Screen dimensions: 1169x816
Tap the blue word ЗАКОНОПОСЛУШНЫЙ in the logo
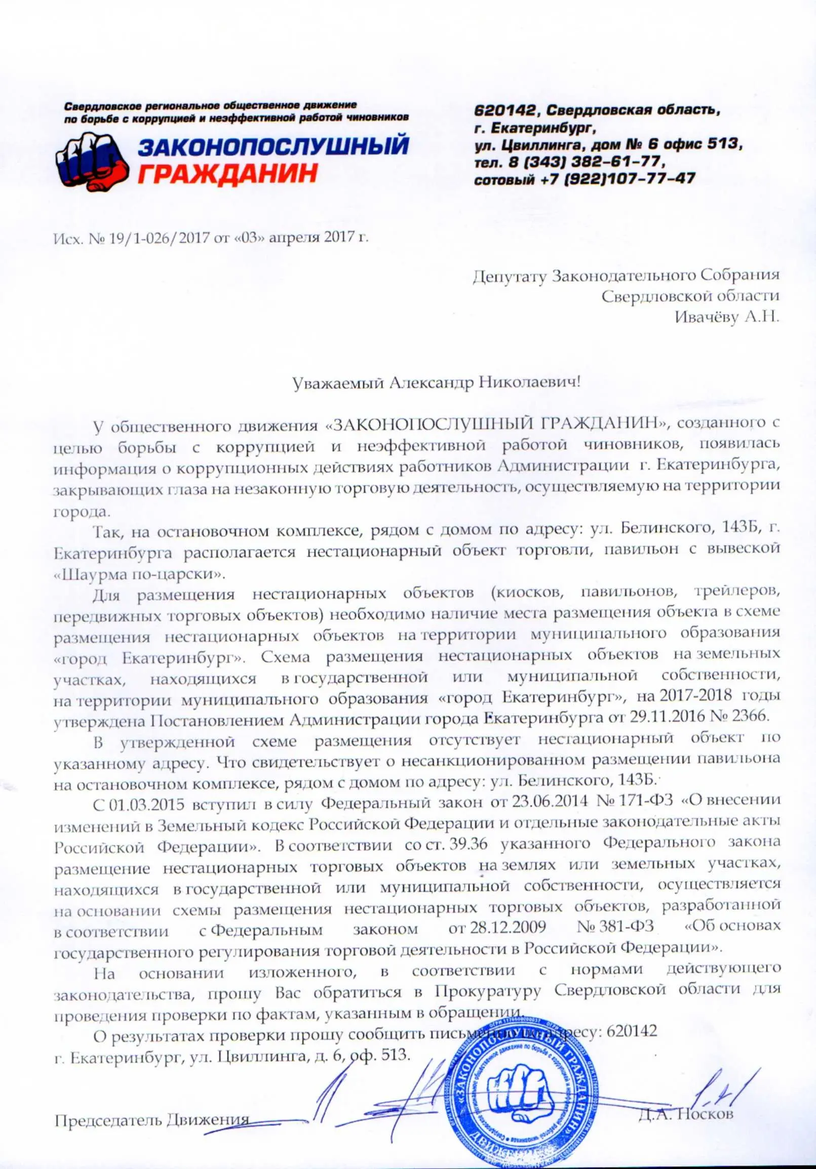tap(274, 147)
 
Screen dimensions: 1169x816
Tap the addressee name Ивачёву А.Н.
tap(726, 318)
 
